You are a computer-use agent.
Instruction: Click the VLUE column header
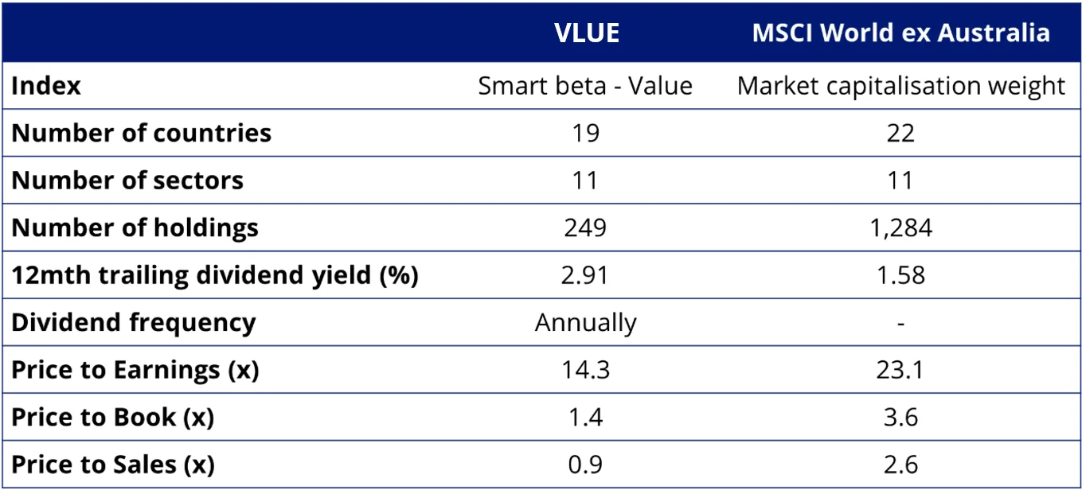click(x=586, y=33)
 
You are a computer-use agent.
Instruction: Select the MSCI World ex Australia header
click(x=900, y=33)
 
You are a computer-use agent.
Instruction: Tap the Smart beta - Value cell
click(x=585, y=86)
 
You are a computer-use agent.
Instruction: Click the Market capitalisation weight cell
click(x=900, y=86)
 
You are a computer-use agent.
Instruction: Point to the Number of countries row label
click(x=142, y=133)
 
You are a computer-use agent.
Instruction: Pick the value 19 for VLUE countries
click(x=585, y=133)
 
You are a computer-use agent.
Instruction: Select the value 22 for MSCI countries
click(x=900, y=133)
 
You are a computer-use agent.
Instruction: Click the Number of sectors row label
click(x=127, y=181)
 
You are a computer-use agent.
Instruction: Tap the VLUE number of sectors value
click(x=585, y=181)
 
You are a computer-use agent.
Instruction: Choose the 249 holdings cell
click(x=585, y=228)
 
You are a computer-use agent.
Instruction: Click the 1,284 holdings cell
click(x=900, y=228)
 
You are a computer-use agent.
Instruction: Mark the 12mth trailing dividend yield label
click(x=215, y=275)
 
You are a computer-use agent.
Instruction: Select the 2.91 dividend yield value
click(x=585, y=275)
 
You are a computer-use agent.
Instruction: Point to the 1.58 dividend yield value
click(x=900, y=275)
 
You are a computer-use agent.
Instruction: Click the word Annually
click(x=585, y=323)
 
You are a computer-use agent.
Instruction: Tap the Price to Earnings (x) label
click(x=135, y=370)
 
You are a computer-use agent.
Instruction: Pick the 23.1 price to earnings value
click(x=900, y=370)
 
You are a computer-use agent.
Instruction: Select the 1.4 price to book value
click(x=585, y=417)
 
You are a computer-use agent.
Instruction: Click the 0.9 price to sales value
click(x=585, y=464)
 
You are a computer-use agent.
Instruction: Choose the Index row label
click(x=46, y=86)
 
